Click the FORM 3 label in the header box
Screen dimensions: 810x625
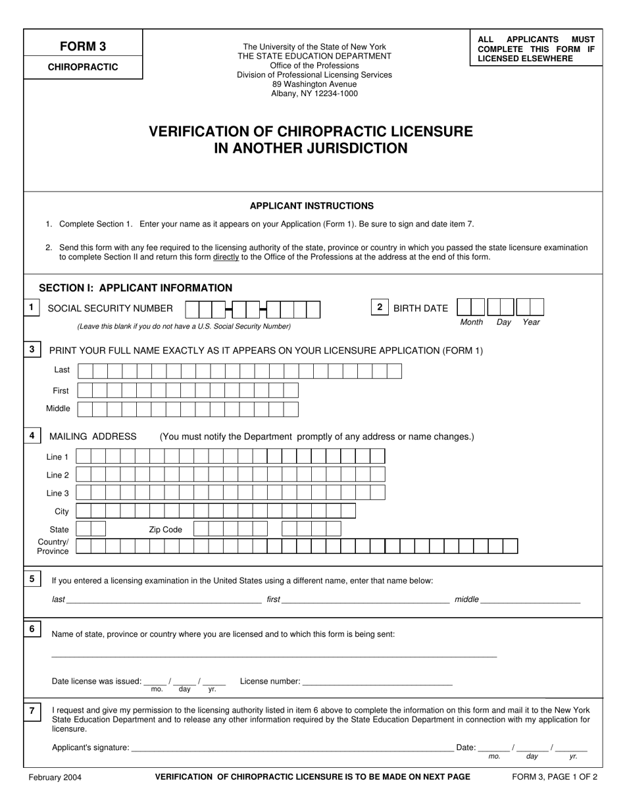pos(83,46)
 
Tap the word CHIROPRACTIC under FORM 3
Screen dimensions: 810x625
pos(83,67)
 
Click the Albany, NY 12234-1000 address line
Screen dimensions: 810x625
pos(314,94)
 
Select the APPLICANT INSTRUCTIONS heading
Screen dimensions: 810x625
pos(312,205)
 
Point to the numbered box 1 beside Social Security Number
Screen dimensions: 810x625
pos(32,308)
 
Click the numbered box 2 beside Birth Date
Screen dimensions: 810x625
pos(380,307)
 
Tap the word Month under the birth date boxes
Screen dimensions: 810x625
pos(471,323)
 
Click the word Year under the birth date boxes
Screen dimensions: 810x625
pos(531,323)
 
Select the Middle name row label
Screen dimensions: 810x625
pos(58,409)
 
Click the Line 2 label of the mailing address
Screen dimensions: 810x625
pos(57,475)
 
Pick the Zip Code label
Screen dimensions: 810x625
pos(165,529)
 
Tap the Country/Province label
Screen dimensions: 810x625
pos(53,547)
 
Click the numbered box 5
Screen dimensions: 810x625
pos(32,579)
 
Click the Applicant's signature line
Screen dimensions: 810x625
pos(292,748)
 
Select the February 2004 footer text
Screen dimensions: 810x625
pos(55,777)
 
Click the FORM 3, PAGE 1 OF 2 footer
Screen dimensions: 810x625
pos(555,777)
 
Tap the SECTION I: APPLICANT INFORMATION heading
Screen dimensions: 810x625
pos(136,288)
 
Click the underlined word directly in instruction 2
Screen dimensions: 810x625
pos(226,257)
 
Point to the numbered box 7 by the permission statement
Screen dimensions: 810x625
pos(32,711)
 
